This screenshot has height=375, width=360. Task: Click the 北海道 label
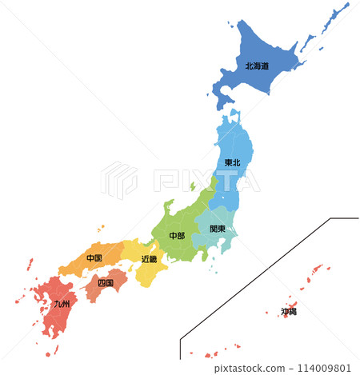pos(256,66)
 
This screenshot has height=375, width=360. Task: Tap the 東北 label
pos(231,164)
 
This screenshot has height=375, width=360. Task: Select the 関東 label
pos(218,229)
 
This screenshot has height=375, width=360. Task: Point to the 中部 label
pos(177,236)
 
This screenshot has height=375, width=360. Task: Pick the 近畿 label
pos(149,259)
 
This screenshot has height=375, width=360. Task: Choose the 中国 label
pos(94,259)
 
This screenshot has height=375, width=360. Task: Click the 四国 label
pos(105,283)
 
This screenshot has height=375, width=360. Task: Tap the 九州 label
pos(62,304)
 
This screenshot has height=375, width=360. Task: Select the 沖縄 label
pos(288,311)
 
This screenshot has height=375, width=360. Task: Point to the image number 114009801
pos(327,367)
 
